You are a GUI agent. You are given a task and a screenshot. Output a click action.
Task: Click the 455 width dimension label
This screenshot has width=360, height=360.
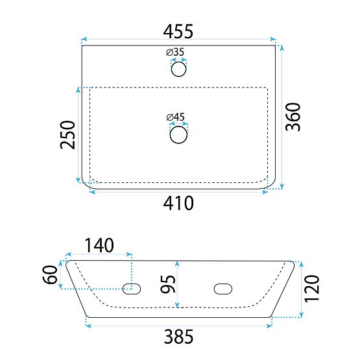[x=180, y=30]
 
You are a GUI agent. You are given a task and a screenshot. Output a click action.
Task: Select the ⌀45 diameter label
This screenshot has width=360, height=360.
[x=176, y=117]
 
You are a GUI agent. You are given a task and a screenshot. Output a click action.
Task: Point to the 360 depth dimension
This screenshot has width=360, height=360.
[x=295, y=117]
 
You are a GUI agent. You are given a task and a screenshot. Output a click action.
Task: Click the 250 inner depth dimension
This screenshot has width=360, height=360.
[x=68, y=134]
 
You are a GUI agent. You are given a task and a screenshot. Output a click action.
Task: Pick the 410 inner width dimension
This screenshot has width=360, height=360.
[x=179, y=204]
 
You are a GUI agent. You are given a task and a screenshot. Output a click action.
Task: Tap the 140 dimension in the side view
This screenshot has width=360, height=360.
[x=99, y=246]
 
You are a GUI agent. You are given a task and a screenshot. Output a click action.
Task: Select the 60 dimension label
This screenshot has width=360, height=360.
[x=49, y=275]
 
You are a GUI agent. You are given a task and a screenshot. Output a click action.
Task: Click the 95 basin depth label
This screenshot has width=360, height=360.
[x=167, y=283]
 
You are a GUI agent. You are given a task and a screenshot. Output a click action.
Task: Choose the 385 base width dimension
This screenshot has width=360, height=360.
[x=179, y=337]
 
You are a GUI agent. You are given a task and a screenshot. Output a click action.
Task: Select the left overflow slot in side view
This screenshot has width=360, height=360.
[x=132, y=289]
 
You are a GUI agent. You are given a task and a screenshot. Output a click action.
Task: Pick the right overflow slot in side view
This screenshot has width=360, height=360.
[x=222, y=289]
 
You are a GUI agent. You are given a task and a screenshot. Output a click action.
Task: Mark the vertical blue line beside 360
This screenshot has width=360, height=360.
[x=281, y=117]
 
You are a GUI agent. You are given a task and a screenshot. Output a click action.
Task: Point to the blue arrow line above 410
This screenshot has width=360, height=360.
[x=179, y=191]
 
